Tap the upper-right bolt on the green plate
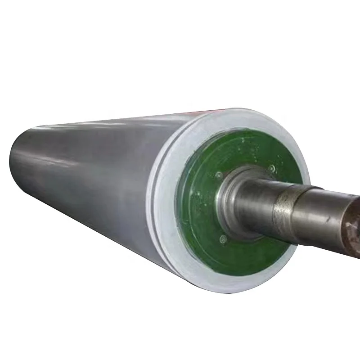coord(272,168)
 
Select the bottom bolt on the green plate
coord(222,239)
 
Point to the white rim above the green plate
coord(234,121)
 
